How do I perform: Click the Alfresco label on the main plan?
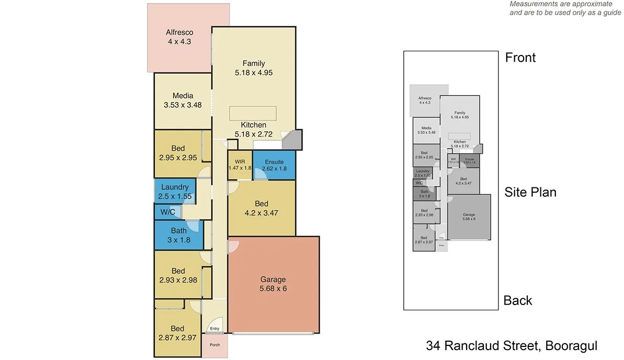[179, 32]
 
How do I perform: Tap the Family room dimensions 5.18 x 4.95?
[254, 73]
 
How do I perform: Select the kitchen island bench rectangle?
[254, 114]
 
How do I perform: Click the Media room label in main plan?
[183, 96]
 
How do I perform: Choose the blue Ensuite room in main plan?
[274, 165]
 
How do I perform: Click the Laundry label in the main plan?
[175, 187]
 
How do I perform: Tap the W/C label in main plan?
[168, 212]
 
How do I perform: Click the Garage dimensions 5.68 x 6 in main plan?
[274, 288]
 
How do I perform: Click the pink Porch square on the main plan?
[214, 345]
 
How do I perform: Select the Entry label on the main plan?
[214, 329]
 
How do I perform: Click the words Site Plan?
[530, 192]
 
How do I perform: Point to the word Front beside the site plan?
[520, 58]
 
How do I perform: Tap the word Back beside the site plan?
[518, 300]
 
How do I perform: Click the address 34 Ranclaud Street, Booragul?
[512, 346]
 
